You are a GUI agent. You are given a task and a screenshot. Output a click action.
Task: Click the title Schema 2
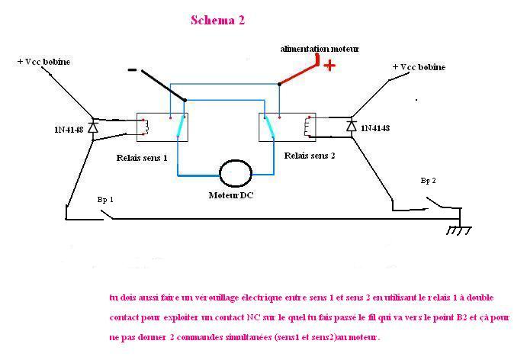217,21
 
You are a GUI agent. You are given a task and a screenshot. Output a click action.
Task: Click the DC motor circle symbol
235,173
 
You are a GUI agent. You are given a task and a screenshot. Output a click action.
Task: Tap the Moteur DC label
232,195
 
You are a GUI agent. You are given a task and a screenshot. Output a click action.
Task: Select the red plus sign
329,65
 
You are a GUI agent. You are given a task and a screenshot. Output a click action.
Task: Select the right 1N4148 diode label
375,128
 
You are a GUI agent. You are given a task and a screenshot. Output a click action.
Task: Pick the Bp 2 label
428,181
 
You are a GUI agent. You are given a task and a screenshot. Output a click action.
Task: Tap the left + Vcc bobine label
44,61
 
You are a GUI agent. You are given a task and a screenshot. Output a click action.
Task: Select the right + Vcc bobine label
419,67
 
